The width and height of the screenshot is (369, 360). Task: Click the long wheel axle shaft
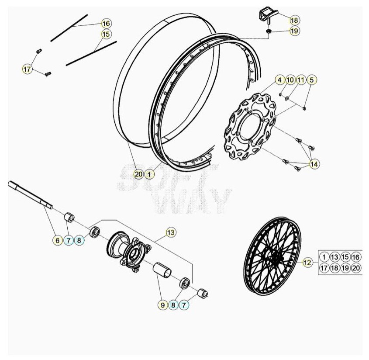pyautogui.click(x=31, y=195)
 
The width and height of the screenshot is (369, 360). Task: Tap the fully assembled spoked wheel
pyautogui.click(x=272, y=256)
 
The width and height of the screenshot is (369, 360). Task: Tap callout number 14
pyautogui.click(x=314, y=164)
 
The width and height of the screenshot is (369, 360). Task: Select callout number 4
pyautogui.click(x=279, y=80)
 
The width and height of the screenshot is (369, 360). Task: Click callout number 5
pyautogui.click(x=312, y=80)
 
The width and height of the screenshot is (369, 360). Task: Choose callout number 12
pyautogui.click(x=307, y=262)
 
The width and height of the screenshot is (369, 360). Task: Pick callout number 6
pyautogui.click(x=58, y=240)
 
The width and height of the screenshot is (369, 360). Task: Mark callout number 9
pyautogui.click(x=162, y=305)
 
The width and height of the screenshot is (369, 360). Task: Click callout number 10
pyautogui.click(x=290, y=80)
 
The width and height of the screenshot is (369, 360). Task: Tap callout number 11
pyautogui.click(x=301, y=80)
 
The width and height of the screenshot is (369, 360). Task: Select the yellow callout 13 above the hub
pyautogui.click(x=171, y=232)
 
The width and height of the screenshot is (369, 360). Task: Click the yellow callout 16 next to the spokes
pyautogui.click(x=106, y=24)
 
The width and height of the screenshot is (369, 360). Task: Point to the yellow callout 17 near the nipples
pyautogui.click(x=27, y=69)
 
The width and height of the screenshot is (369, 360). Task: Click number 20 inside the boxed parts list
pyautogui.click(x=356, y=268)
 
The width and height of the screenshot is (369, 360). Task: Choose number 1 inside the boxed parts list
pyautogui.click(x=324, y=257)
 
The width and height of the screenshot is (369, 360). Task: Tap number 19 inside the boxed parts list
pyautogui.click(x=345, y=268)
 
